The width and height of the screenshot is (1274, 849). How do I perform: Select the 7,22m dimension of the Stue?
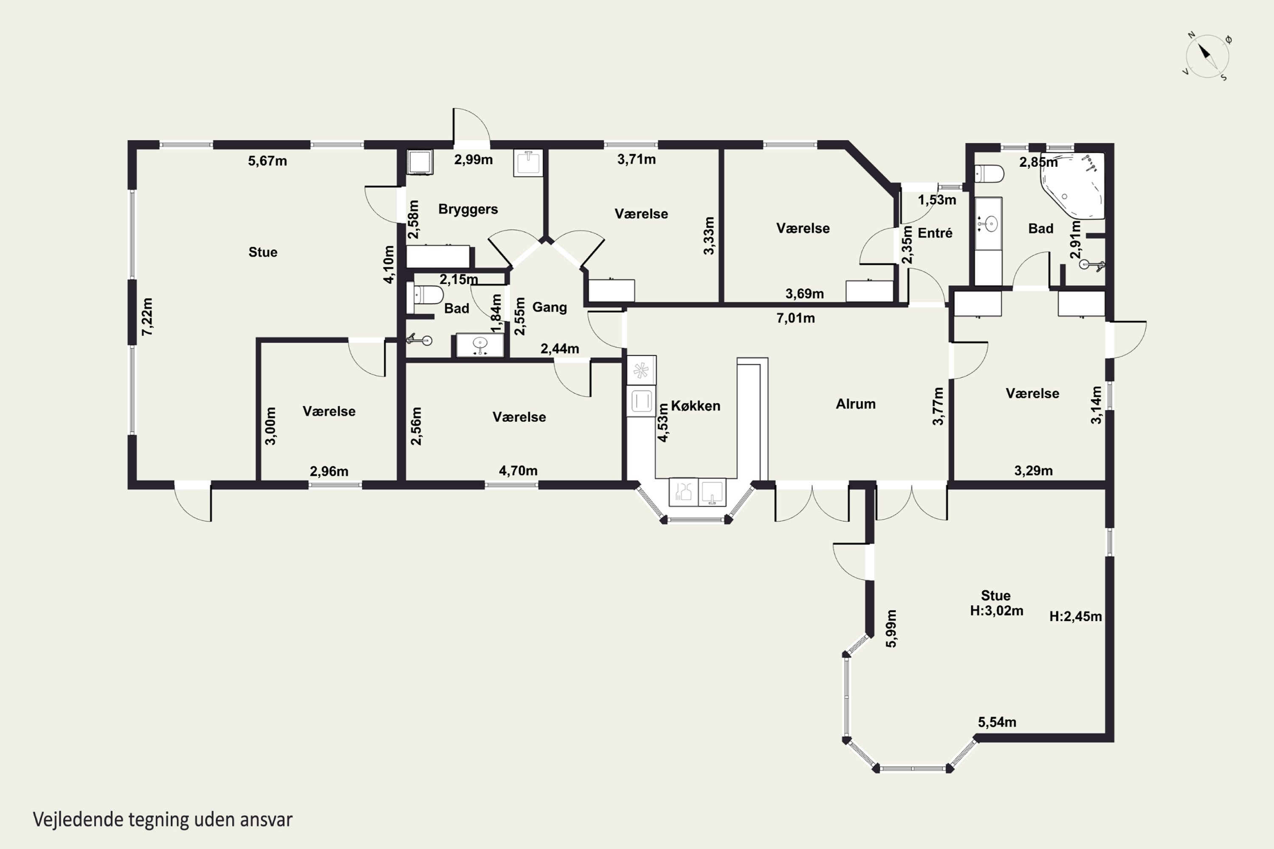tap(147, 316)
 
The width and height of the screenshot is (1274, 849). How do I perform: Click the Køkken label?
tap(696, 405)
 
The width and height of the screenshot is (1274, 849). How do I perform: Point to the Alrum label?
tap(855, 404)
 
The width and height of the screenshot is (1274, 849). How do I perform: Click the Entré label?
tap(935, 233)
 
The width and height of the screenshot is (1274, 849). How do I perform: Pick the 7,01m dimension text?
tap(795, 318)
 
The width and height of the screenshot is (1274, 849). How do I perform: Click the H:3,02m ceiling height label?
tap(997, 611)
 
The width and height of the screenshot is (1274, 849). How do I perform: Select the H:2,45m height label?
tap(1075, 616)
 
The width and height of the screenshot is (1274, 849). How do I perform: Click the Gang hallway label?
tap(549, 307)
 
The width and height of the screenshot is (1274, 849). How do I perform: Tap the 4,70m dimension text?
tap(518, 470)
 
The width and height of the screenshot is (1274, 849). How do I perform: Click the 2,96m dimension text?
tap(329, 471)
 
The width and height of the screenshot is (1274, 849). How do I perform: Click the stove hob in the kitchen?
tap(641, 370)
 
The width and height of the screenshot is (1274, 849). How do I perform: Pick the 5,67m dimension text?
tap(268, 161)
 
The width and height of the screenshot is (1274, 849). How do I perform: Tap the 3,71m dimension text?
tap(637, 159)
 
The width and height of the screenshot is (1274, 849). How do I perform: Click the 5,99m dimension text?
tap(891, 629)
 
